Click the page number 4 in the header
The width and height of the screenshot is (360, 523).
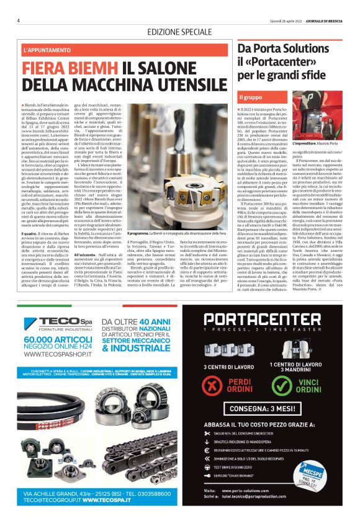(x=19, y=20)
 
